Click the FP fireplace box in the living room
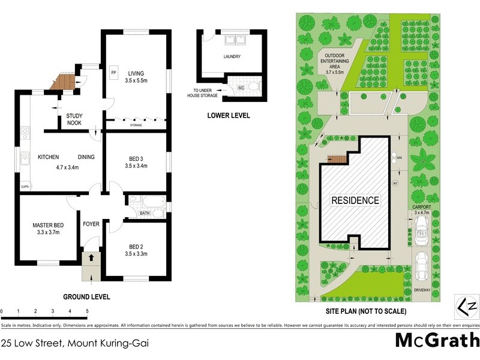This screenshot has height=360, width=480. (x=113, y=73)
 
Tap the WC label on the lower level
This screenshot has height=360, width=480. (x=241, y=88)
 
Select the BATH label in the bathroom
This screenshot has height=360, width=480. (x=145, y=213)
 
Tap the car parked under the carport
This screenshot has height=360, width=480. (x=422, y=227)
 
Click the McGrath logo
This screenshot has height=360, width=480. (x=436, y=340)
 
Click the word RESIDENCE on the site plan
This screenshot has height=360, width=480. (x=356, y=200)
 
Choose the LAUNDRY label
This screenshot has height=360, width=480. (x=232, y=57)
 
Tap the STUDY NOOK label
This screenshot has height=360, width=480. (x=74, y=120)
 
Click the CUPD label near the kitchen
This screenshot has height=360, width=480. (x=25, y=187)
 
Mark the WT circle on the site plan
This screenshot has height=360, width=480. (x=395, y=183)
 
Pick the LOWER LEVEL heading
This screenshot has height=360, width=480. (x=228, y=116)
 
